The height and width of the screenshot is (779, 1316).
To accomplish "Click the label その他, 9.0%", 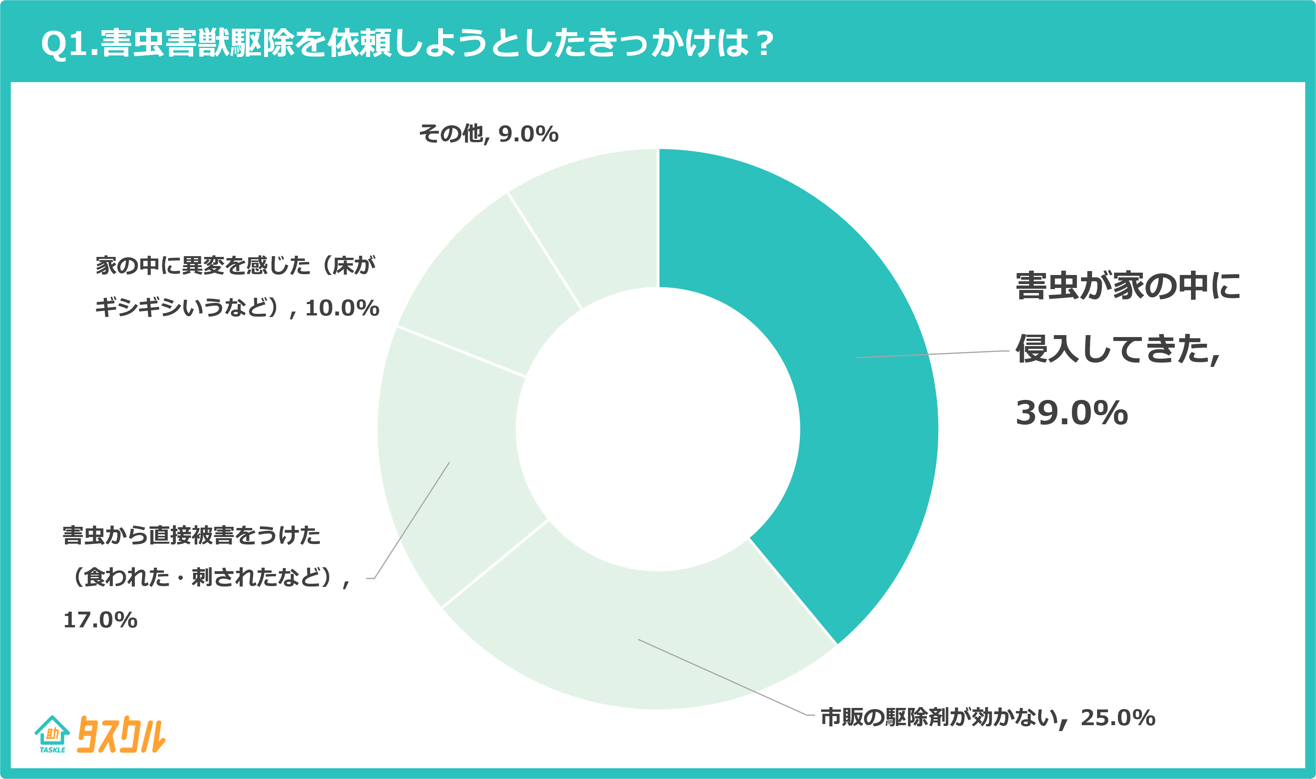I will (x=488, y=134).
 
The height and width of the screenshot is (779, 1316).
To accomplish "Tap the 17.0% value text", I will (x=100, y=620).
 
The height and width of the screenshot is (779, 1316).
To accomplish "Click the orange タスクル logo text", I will (x=121, y=735).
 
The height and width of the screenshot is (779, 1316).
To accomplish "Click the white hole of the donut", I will (x=658, y=429).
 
